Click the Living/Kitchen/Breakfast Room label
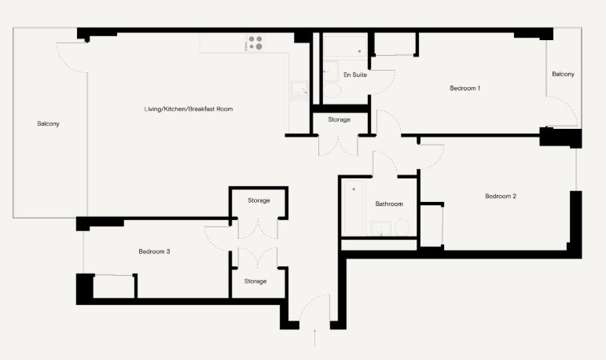point(189,108)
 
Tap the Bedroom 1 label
point(464,88)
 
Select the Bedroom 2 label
point(500,196)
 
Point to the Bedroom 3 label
point(154,252)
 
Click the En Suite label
point(356,75)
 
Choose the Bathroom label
point(388,204)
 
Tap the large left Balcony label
point(48,123)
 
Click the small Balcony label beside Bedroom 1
point(563,74)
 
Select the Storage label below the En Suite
point(339,119)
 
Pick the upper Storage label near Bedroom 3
point(259,200)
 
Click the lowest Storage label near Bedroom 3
point(255,281)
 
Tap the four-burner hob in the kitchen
point(255,42)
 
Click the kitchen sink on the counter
point(299,93)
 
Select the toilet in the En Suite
point(332,91)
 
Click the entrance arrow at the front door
point(314,337)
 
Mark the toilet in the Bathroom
point(402,228)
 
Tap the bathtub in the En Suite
point(347,47)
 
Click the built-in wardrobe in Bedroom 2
point(431,225)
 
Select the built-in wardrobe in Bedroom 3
point(114,286)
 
